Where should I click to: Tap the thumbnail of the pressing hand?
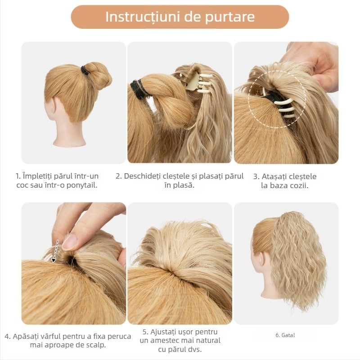70,242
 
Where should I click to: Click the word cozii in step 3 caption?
299,185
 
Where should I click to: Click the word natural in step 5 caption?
207,341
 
